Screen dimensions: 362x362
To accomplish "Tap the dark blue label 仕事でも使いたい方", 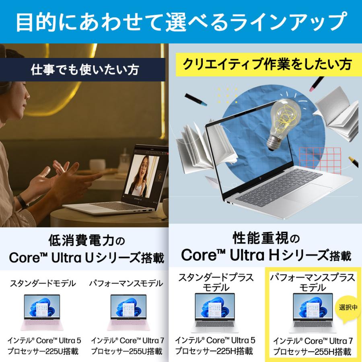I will pos(85,70).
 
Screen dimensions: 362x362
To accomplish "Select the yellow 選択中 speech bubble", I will pos(347,309).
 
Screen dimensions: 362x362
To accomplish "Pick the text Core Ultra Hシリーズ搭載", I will pos(266,255).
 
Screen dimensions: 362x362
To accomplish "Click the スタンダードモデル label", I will pos(42,284).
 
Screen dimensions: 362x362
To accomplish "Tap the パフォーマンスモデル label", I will pos(126,284).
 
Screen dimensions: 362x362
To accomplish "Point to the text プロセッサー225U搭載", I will pos(43,351).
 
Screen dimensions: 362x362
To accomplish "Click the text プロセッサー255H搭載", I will pos(312,352).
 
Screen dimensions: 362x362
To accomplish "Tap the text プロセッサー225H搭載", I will pos(214,351).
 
